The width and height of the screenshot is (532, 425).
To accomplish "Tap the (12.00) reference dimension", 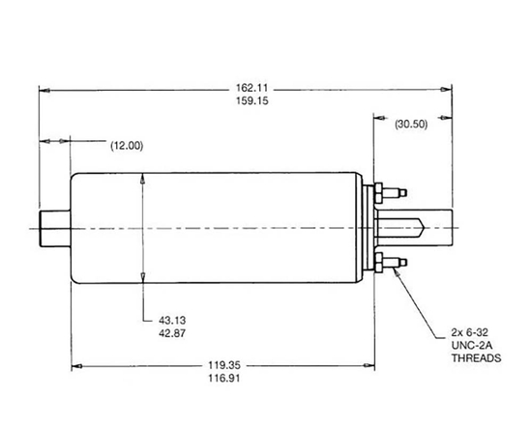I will (126, 146).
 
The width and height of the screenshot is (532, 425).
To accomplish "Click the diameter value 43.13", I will (173, 319).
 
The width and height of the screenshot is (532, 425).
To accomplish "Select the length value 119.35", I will (223, 367).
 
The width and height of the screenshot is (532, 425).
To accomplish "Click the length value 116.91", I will (223, 380).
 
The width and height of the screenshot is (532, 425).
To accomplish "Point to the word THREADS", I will (477, 357).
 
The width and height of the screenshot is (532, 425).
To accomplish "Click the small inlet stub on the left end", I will (54, 228).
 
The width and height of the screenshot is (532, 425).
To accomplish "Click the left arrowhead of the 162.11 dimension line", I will (44, 89).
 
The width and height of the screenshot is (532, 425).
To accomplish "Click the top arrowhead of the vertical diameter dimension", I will (142, 179).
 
